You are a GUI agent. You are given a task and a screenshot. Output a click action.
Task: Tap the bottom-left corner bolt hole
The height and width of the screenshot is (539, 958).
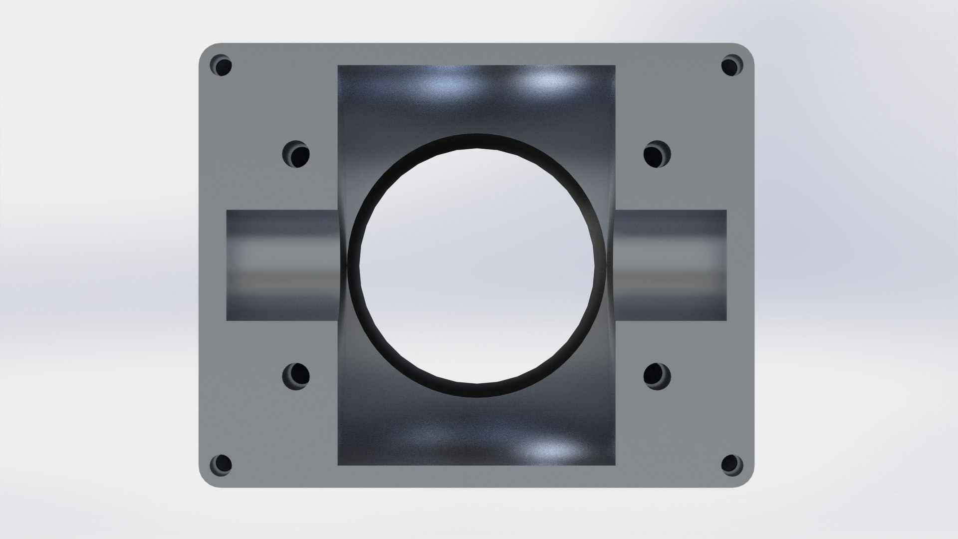(x=222, y=464)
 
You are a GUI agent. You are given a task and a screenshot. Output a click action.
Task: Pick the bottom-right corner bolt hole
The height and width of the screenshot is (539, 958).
(x=731, y=464)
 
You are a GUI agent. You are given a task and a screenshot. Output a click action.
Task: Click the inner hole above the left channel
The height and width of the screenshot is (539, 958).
(x=297, y=154)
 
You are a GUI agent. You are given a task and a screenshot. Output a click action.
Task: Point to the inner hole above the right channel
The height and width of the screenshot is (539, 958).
(x=656, y=154)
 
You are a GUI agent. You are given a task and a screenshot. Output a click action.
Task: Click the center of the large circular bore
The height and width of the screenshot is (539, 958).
(x=477, y=265)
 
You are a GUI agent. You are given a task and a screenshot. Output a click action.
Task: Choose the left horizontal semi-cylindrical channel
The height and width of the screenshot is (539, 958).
(x=282, y=265)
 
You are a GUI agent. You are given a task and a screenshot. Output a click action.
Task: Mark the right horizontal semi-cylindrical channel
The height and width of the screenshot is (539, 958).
(x=671, y=265)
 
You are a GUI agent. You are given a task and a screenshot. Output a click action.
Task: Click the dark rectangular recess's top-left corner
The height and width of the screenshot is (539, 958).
(x=339, y=66)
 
